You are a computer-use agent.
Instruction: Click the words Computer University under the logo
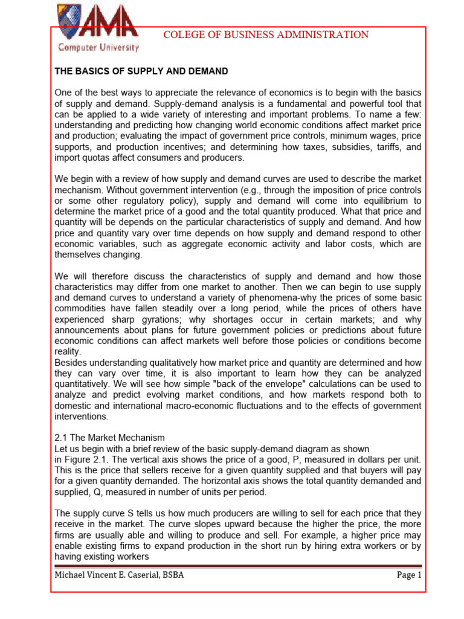point(98,47)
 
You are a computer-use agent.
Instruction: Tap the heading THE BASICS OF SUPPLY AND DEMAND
point(141,71)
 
